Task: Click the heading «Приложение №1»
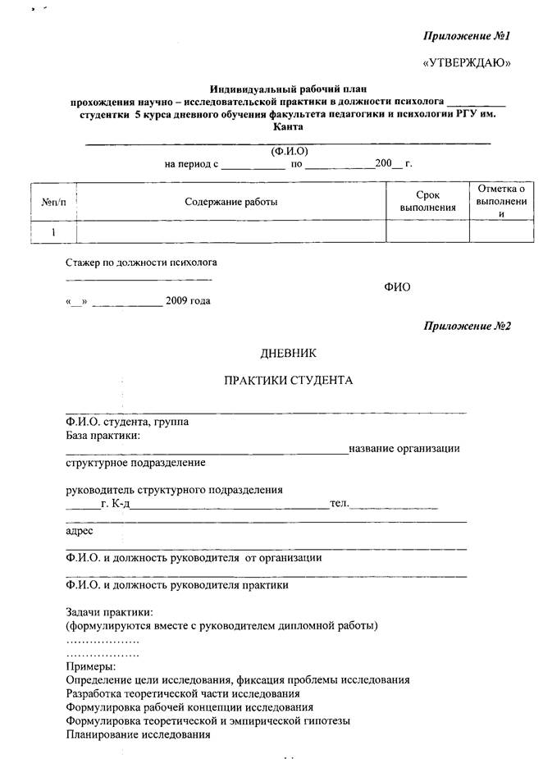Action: [467, 37]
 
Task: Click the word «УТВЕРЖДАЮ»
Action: [466, 63]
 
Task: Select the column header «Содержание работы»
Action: [230, 202]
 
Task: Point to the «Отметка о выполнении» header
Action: [500, 201]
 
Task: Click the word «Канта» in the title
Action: [288, 127]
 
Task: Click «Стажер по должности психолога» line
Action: [141, 263]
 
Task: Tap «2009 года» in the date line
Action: [188, 300]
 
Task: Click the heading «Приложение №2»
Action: [467, 327]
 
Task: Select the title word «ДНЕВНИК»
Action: [288, 353]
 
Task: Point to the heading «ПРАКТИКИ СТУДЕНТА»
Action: [288, 381]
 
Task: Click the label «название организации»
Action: [404, 448]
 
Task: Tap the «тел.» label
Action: [340, 503]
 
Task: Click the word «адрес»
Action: [80, 530]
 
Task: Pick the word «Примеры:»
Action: [91, 666]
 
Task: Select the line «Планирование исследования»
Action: [137, 735]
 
